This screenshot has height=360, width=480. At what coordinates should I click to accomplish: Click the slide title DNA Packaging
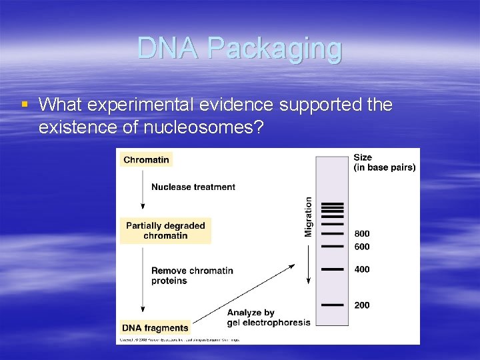[239, 49]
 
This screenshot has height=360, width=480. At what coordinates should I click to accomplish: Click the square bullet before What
[25, 105]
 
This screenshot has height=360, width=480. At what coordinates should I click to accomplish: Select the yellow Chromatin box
[147, 159]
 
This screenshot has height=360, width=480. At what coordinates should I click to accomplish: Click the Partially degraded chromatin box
[165, 231]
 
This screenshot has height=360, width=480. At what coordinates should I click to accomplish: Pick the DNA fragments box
[155, 327]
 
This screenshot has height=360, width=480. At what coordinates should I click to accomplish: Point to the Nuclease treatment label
[193, 187]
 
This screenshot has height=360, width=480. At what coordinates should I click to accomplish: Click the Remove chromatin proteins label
[192, 275]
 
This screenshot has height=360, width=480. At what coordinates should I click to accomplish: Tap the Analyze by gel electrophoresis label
[269, 317]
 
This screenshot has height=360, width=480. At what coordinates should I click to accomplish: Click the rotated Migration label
[309, 216]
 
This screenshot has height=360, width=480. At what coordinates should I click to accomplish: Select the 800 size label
[362, 234]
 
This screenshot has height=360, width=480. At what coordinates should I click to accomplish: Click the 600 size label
[362, 247]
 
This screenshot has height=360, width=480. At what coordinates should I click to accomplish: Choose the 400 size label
[362, 269]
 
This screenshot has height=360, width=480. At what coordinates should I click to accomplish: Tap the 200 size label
[362, 305]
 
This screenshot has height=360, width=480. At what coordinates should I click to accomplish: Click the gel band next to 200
[333, 305]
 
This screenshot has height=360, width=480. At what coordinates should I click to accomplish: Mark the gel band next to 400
[333, 269]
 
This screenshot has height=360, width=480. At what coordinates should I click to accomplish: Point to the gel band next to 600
[333, 247]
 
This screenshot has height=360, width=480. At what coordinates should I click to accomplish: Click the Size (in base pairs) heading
[384, 163]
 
